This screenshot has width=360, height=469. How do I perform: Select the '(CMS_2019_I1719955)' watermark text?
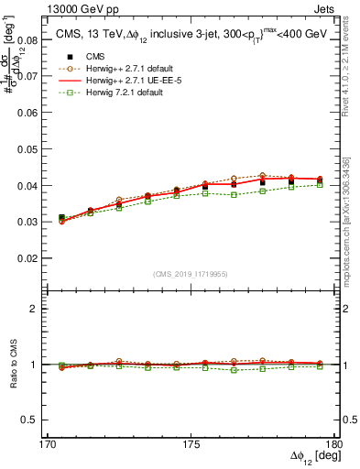click(x=191, y=273)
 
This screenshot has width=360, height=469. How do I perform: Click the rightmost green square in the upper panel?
click(x=320, y=184)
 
